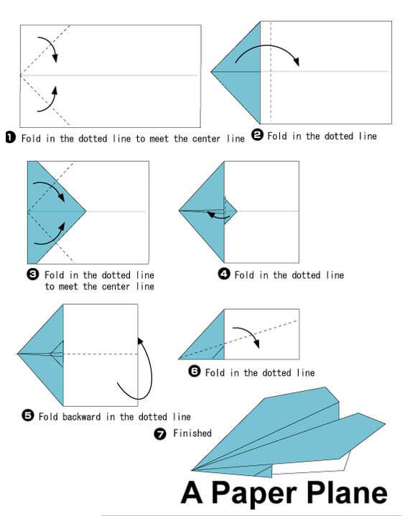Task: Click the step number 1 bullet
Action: point(10,138)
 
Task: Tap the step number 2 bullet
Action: point(257,136)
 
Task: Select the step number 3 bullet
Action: point(33,275)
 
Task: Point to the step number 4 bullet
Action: point(224,275)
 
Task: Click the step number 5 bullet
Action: point(28,415)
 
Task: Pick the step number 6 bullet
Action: point(195,372)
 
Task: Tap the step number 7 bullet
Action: point(161,433)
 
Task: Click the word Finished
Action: point(192,433)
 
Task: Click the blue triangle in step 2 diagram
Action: point(241,72)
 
